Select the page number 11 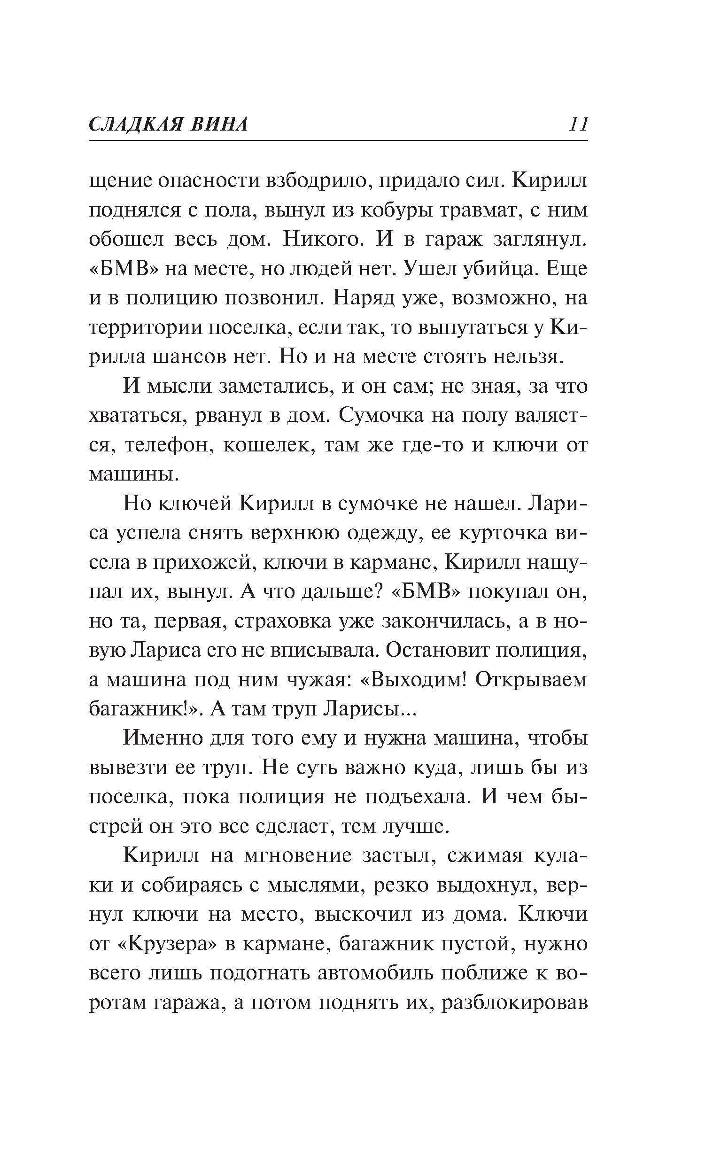[578, 125]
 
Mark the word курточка [500, 533]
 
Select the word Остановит [446, 651]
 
